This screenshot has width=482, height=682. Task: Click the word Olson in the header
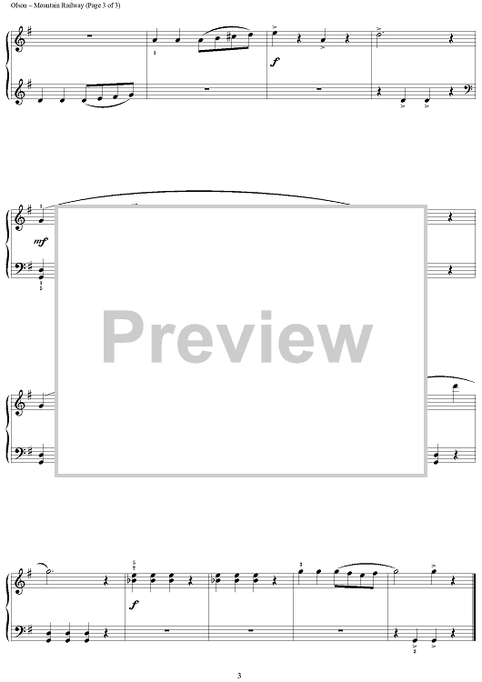pos(16,5)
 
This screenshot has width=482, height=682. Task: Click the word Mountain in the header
pos(44,5)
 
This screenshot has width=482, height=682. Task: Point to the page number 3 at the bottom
pos(239,676)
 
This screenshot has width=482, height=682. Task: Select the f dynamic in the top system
pos(274,62)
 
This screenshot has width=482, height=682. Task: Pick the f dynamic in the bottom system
pos(134,605)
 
